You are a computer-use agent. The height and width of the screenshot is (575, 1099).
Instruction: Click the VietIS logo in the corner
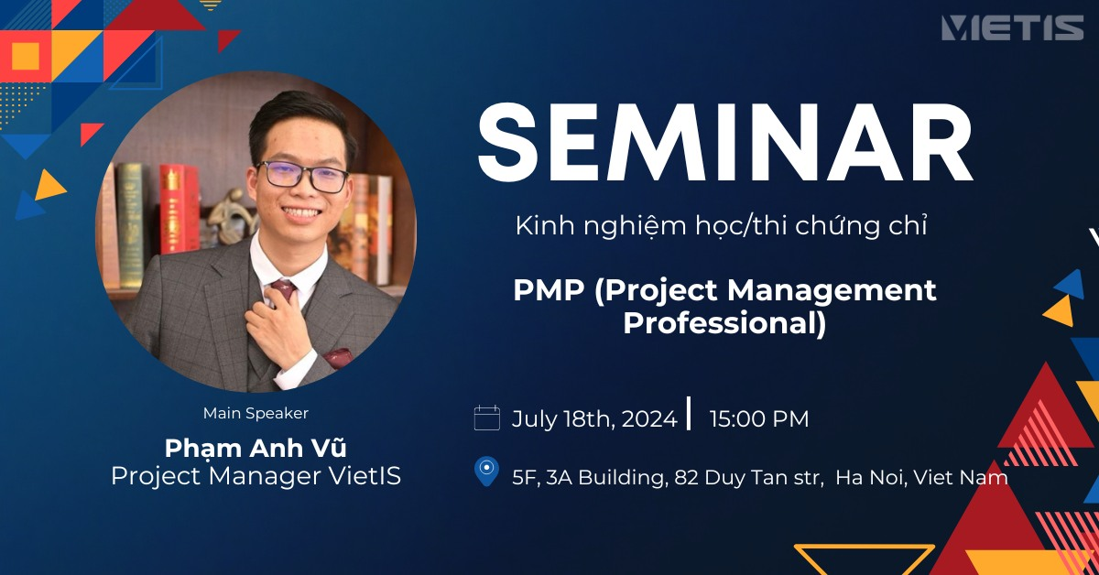pos(1012,27)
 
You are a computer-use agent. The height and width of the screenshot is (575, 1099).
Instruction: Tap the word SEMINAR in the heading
pos(725,143)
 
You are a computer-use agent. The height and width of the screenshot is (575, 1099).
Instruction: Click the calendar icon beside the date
pos(486,418)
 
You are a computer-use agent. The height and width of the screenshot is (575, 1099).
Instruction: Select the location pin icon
pos(486,471)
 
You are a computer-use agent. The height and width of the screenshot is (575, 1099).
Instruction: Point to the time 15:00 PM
pos(759,419)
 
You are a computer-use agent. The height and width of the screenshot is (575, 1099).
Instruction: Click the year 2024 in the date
pos(649,419)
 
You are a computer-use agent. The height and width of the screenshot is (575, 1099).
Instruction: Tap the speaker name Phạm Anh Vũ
pos(256,448)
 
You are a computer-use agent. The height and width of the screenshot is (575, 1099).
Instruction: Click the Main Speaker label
pos(256,413)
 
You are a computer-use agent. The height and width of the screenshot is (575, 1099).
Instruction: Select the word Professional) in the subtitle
pos(724,324)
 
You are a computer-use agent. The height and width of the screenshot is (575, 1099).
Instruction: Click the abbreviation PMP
pos(549,289)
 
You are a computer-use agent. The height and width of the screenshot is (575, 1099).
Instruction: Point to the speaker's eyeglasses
pos(301,176)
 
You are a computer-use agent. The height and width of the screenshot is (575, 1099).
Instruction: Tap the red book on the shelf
pos(180,209)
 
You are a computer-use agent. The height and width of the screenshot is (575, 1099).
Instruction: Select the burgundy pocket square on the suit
pos(338,357)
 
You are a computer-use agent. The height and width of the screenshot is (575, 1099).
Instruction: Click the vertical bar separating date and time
pos(689,413)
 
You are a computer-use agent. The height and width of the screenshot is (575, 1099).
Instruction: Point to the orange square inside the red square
pos(25,56)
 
